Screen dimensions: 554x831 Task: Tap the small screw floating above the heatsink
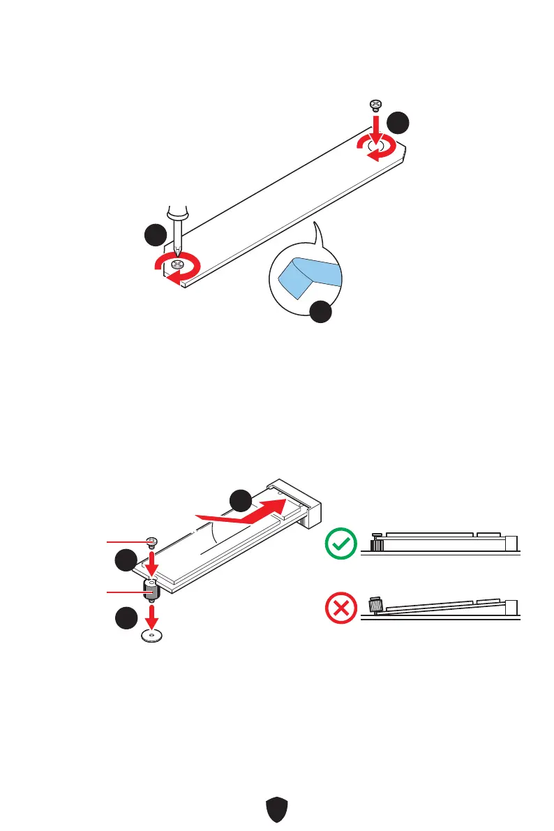click(x=375, y=105)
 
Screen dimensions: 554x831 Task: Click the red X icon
click(x=341, y=608)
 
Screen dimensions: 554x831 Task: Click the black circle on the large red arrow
click(x=241, y=501)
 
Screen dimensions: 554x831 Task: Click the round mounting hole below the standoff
click(x=152, y=635)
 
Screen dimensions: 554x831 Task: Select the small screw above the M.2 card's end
click(x=152, y=542)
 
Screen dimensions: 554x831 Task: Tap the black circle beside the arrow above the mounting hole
click(x=126, y=619)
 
